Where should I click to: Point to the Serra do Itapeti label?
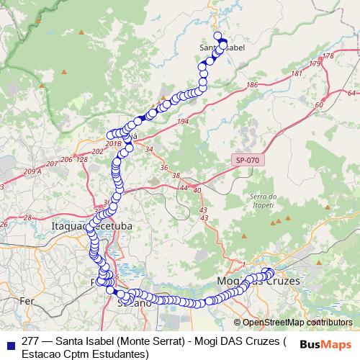(263, 201)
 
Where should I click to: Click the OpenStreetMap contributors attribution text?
(297, 323)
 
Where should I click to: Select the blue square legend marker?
(9, 343)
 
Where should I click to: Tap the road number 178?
(329, 56)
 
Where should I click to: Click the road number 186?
(251, 86)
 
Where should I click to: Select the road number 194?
(182, 122)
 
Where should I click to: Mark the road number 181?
(297, 74)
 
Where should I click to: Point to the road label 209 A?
(32, 171)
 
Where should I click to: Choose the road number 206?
(66, 159)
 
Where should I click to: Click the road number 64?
(351, 94)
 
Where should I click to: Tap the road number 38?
(175, 176)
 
